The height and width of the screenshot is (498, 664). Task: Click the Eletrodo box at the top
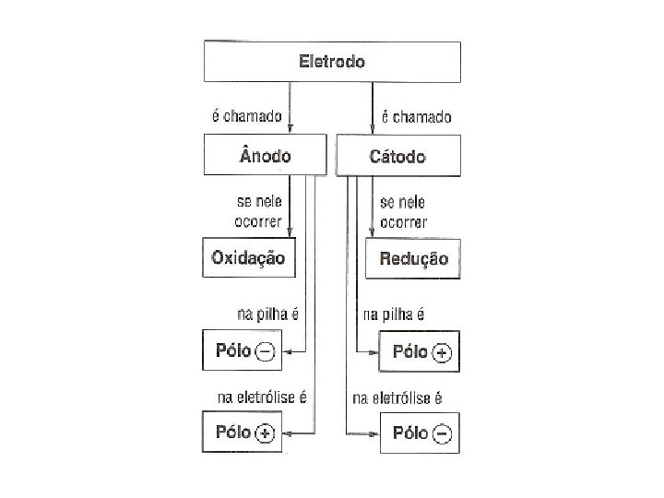point(332,62)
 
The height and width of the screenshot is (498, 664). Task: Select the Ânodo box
point(265,156)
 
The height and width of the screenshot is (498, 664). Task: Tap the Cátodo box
point(397,156)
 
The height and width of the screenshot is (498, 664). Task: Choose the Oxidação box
point(248,257)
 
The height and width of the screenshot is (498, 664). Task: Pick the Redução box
point(413,259)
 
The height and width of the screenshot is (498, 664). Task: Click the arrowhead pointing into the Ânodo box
point(290,130)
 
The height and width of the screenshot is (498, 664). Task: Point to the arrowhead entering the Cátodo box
point(372,130)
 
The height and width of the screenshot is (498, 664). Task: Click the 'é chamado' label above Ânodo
point(247,117)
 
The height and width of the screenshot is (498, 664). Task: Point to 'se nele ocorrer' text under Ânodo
point(259,210)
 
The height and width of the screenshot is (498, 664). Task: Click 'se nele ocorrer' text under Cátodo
point(403,210)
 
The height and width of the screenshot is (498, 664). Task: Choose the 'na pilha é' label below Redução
point(394,314)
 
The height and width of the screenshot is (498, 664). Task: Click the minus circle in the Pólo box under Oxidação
point(265,351)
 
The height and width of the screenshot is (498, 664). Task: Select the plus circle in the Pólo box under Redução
point(443,352)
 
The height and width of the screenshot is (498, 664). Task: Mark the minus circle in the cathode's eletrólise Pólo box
point(443,433)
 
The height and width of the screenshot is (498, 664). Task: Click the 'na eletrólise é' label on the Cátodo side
point(397,398)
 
